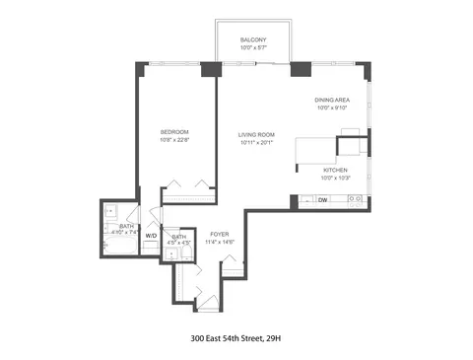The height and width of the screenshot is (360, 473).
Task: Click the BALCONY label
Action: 252,38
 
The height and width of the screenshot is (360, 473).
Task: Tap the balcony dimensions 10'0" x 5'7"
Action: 252,47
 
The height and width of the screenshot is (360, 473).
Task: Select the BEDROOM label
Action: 174,131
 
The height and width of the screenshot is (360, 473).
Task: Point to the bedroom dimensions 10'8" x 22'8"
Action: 174,140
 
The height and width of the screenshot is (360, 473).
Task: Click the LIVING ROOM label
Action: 256,134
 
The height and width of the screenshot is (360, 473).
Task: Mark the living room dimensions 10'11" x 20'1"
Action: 256,143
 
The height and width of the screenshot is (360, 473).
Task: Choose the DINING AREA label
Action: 331,100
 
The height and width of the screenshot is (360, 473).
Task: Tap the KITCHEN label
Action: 334,170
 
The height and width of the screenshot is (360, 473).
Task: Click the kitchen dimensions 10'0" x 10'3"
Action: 334,179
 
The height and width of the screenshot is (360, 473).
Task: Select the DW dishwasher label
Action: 322,201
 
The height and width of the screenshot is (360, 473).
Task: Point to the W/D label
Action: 151,236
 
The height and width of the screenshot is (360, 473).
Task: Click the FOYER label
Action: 218,233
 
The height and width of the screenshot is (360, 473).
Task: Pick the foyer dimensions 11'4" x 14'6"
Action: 218,242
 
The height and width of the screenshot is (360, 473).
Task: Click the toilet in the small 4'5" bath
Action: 172,253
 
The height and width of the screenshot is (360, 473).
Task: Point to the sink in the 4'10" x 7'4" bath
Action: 110,211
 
